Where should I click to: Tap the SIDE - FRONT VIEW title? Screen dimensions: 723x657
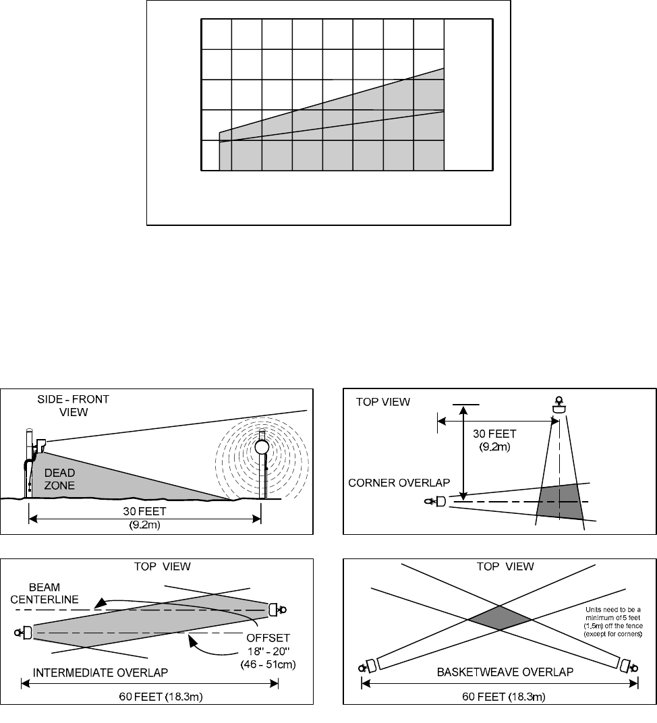pyautogui.click(x=74, y=405)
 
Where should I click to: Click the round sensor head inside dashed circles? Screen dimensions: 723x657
pyautogui.click(x=262, y=446)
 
